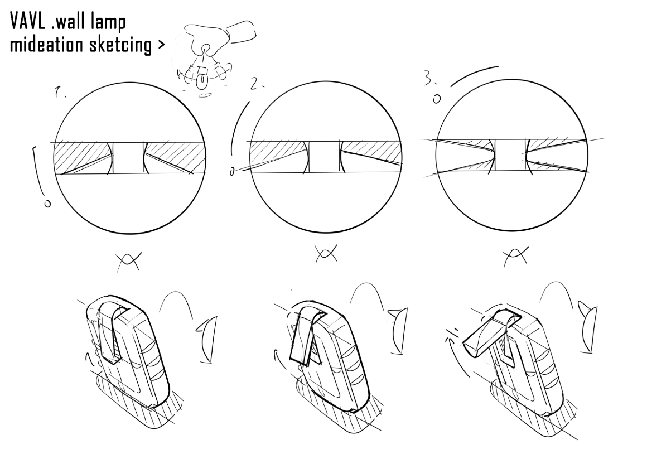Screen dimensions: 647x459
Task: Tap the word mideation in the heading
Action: [47, 44]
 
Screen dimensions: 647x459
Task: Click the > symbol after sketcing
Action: [161, 45]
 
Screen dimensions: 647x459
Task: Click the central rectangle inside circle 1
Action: [128, 158]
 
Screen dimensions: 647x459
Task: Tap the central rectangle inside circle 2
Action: [324, 157]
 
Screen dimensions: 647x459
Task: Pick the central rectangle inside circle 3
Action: [509, 154]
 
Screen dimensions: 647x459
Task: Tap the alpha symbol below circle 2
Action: [326, 253]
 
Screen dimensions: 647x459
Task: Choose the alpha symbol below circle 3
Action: [516, 257]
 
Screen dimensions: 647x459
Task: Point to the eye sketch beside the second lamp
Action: [398, 331]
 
